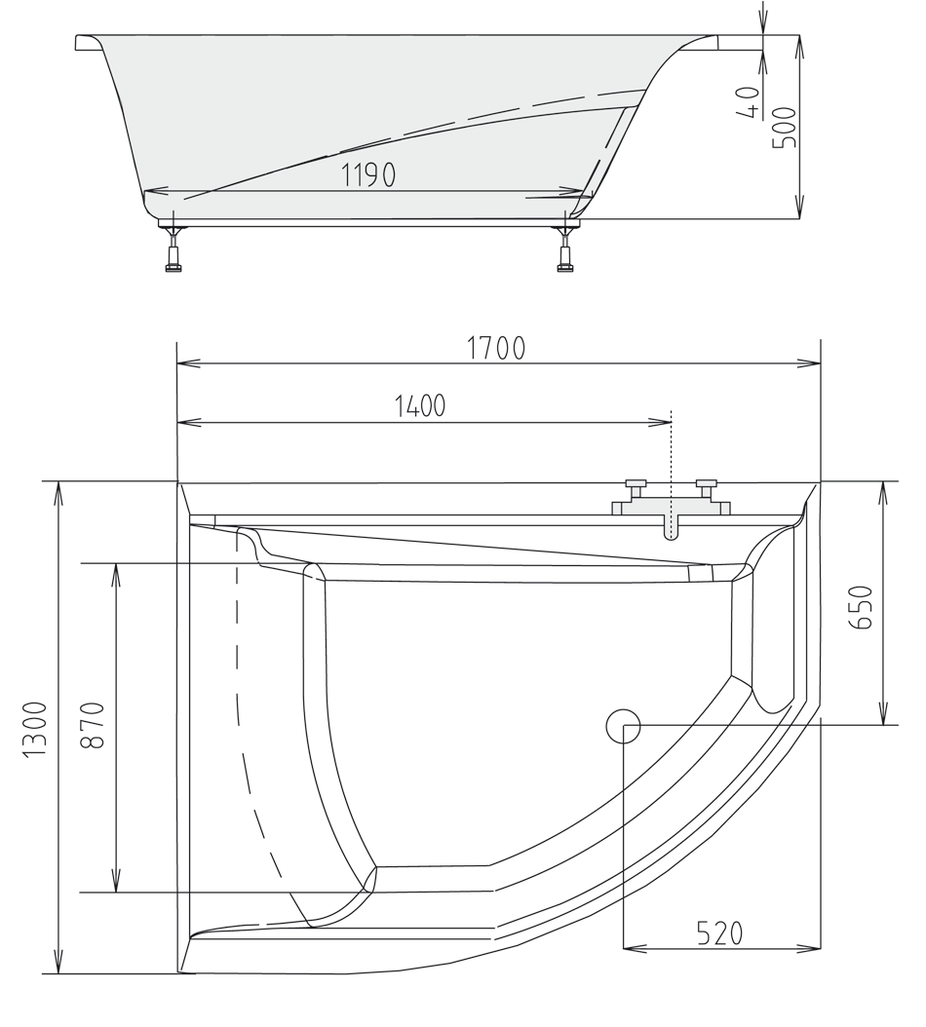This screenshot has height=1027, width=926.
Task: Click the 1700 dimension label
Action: [496, 348]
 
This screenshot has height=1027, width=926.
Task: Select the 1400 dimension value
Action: [420, 406]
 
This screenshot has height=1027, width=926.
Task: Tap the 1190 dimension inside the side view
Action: [368, 175]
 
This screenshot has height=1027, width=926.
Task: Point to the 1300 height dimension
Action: [35, 729]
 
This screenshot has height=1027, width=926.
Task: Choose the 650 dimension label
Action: [863, 607]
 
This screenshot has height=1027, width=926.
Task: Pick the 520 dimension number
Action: [719, 932]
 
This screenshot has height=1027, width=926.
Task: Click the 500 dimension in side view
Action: [784, 127]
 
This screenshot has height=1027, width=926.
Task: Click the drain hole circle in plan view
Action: [622, 726]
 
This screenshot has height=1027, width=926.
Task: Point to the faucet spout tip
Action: [671, 534]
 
